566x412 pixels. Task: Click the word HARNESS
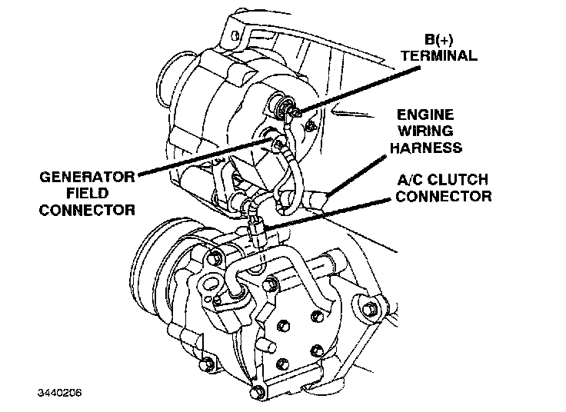pyautogui.click(x=425, y=147)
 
